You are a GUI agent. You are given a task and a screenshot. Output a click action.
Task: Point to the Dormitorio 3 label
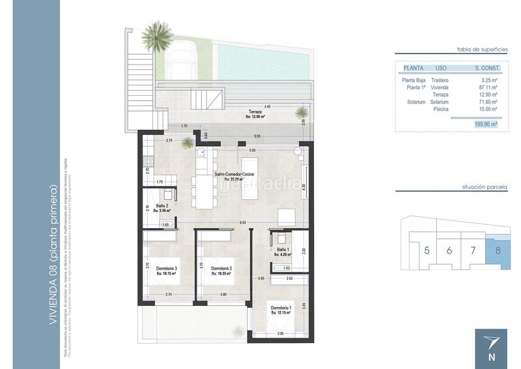coord(167,268)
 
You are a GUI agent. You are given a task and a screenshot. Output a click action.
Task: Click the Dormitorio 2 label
coord(222,268)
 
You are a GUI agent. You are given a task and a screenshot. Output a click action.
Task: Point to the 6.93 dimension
coord(242,223)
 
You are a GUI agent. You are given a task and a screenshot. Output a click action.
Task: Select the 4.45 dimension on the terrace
coord(268,106)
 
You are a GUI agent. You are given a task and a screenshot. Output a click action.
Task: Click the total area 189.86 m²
coord(486,123)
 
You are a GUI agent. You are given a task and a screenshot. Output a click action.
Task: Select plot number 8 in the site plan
coord(498,250)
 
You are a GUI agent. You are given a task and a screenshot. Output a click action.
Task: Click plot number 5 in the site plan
coord(427,250)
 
